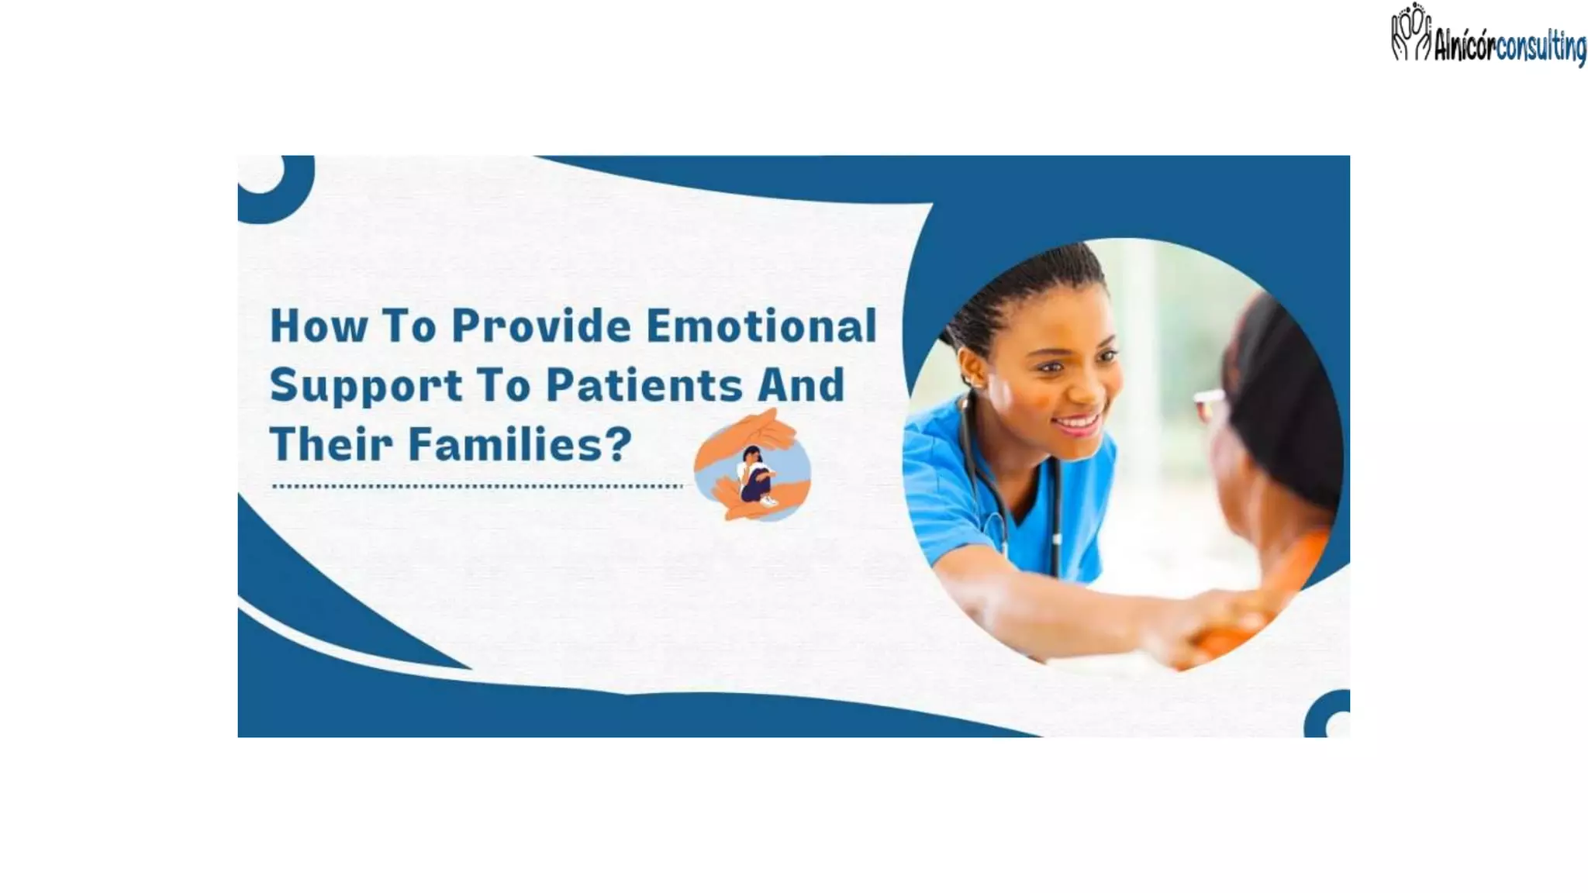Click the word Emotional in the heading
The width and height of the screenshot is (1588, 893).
click(x=761, y=326)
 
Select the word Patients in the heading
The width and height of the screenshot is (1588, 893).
click(x=643, y=385)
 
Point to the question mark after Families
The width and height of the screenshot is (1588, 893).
click(x=618, y=444)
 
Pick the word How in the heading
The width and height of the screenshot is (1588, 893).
click(x=318, y=326)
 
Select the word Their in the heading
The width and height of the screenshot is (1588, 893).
click(x=331, y=444)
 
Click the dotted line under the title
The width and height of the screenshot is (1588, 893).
click(x=476, y=487)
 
